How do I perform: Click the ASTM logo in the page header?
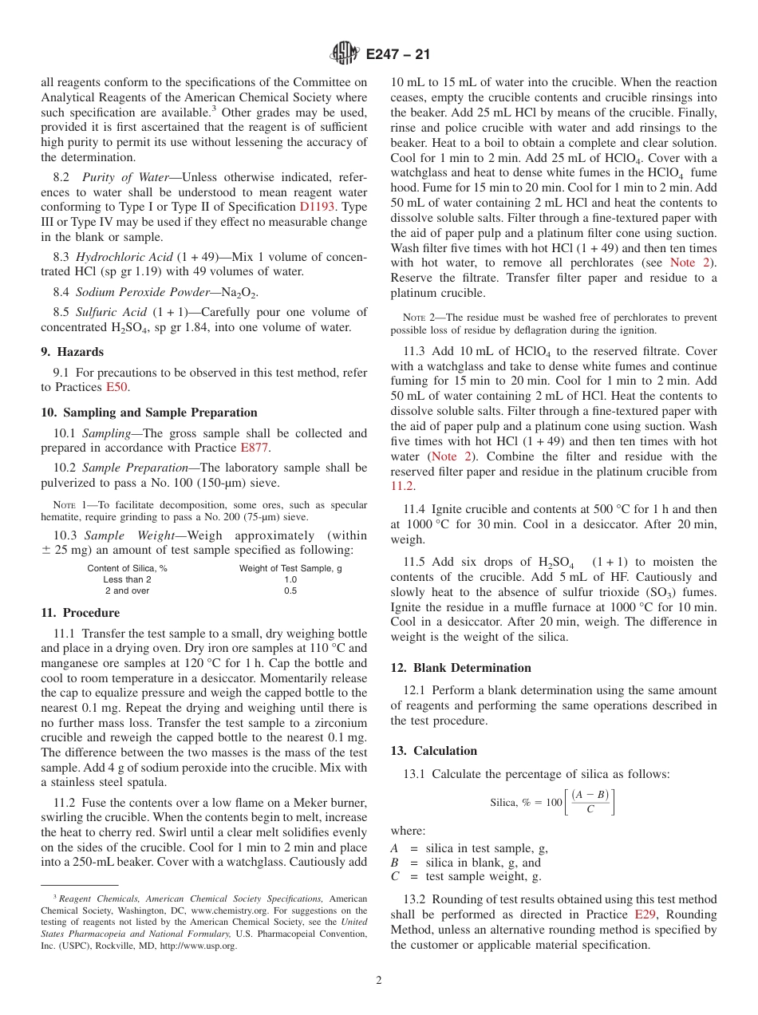(x=346, y=54)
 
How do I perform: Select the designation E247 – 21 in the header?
(x=397, y=55)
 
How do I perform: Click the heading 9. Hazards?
(x=72, y=351)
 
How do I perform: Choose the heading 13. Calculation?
(x=434, y=751)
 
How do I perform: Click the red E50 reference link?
(x=117, y=387)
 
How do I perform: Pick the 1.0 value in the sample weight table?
(x=290, y=579)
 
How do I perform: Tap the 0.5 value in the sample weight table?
(x=290, y=591)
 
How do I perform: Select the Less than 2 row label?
(x=127, y=579)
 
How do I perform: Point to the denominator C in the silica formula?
(x=590, y=809)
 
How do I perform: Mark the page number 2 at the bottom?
(x=379, y=981)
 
